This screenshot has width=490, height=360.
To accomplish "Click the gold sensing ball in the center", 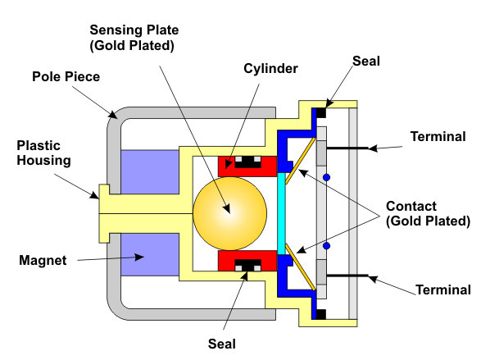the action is [x=229, y=213].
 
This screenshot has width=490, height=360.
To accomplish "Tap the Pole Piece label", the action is [x=66, y=76].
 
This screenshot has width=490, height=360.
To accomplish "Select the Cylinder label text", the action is [x=270, y=69].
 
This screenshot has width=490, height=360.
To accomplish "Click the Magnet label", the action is [x=43, y=260].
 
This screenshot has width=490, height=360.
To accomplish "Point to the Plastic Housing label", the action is [x=43, y=153].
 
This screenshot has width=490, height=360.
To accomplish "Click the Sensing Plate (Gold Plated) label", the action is [x=134, y=38].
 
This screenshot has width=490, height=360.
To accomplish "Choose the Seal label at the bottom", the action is [x=222, y=344].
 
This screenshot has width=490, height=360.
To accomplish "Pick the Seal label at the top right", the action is [x=366, y=61].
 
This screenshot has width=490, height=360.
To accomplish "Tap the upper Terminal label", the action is [x=438, y=137].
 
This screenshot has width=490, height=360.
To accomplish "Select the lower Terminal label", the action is [x=443, y=290].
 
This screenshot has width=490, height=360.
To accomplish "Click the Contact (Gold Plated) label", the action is [x=428, y=214].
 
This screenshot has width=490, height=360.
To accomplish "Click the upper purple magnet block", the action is [x=150, y=172].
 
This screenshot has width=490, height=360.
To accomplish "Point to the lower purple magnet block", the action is [x=150, y=254].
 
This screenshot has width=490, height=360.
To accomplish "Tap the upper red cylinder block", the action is [x=247, y=166].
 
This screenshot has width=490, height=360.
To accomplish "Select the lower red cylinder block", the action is [x=247, y=261].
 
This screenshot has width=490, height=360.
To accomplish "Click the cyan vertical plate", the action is [x=281, y=213].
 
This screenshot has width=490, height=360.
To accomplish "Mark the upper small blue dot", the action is [x=327, y=178].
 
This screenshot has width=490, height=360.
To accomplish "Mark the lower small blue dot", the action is [x=327, y=246].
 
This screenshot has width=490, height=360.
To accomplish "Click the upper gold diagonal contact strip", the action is [x=301, y=161].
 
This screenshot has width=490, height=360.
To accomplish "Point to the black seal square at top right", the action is [x=321, y=112].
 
